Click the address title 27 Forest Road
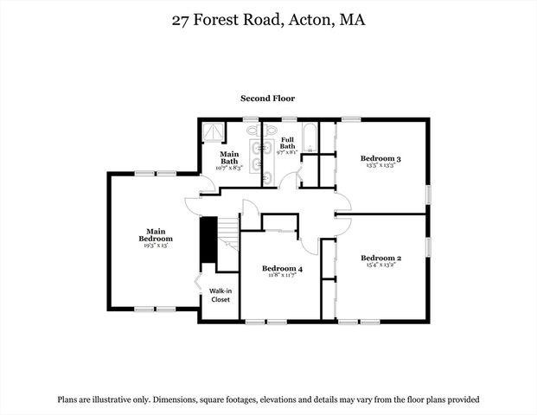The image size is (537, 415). point(268,19)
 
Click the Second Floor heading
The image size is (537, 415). point(267,99)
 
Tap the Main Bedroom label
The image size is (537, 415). point(156,234)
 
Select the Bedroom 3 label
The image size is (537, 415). point(380,158)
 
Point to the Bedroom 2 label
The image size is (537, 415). point(380,258)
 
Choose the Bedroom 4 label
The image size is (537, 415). point(282,268)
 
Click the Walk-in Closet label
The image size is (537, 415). point(219,295)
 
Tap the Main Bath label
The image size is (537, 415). point(229,156)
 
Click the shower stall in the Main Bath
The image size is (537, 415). point(212,131)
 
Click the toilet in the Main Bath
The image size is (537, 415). point(253,131)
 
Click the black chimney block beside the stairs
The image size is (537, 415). point(208,239)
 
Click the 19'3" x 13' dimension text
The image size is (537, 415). point(156,246)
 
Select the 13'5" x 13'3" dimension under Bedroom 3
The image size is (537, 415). point(380,166)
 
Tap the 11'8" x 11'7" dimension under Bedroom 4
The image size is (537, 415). point(282,276)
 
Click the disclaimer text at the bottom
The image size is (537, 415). point(268,399)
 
